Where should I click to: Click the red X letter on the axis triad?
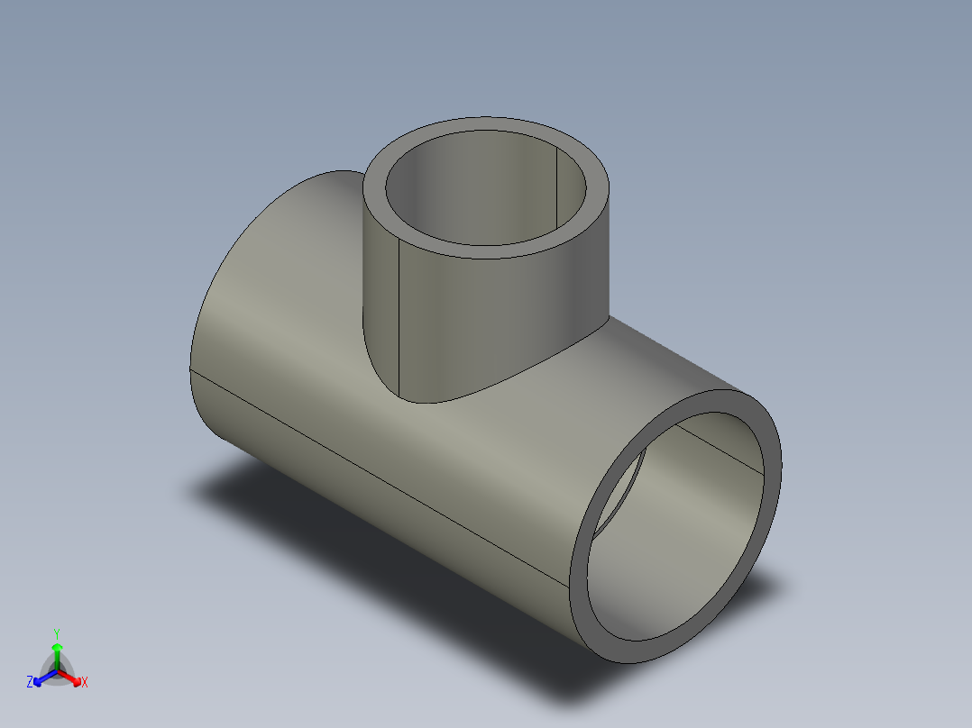point(84,683)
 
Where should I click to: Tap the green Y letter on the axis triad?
point(57,632)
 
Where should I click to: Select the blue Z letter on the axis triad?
point(30,683)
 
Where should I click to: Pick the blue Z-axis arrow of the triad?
point(41,678)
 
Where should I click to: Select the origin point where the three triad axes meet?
point(57,670)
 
